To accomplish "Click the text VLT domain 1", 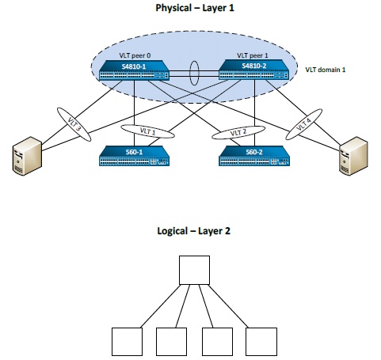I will pyautogui.click(x=326, y=70).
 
